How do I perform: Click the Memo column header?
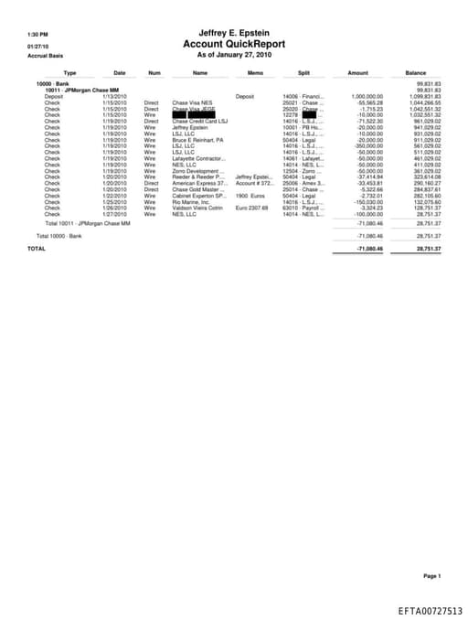point(255,72)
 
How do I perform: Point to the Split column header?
point(303,72)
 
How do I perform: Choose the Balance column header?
point(415,72)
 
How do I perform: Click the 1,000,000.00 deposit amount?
point(369,96)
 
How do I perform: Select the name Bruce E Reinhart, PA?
point(197,139)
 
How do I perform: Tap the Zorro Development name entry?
point(197,171)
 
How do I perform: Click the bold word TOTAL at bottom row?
point(36,248)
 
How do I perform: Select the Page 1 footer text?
point(432,576)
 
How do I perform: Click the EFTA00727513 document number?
point(430,610)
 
